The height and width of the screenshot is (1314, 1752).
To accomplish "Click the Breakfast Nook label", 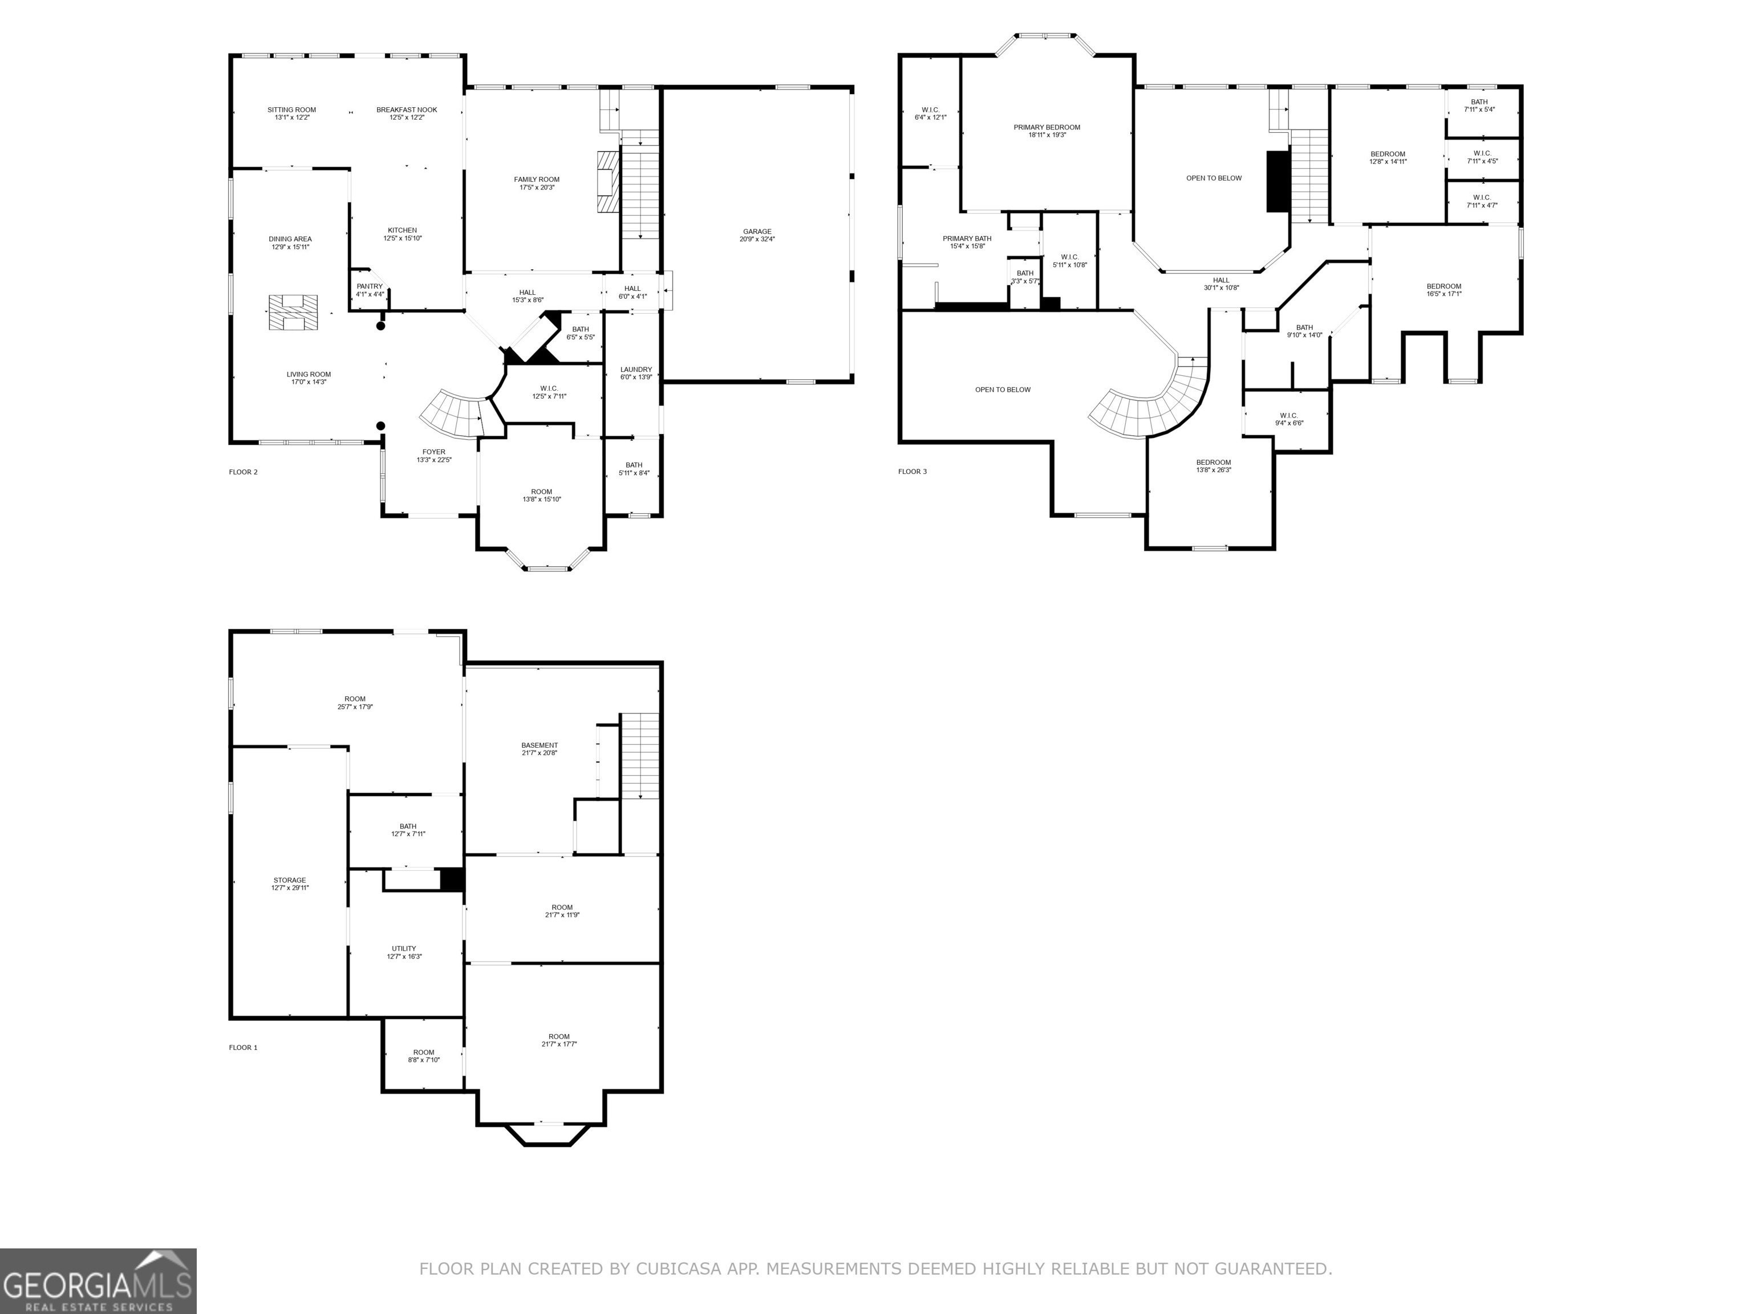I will pyautogui.click(x=406, y=110).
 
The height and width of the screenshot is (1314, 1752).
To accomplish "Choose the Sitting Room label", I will pyautogui.click(x=291, y=110).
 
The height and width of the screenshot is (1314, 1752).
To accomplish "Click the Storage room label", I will pyautogui.click(x=290, y=881).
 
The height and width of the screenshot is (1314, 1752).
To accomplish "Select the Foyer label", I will pyautogui.click(x=433, y=452).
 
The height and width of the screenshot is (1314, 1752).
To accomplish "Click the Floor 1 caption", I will pyautogui.click(x=243, y=1048).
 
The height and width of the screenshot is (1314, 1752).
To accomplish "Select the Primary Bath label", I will pyautogui.click(x=967, y=238).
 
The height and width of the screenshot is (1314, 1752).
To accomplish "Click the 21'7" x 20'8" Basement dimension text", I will pyautogui.click(x=540, y=753).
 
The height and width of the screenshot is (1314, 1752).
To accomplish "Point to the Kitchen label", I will pyautogui.click(x=403, y=230).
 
